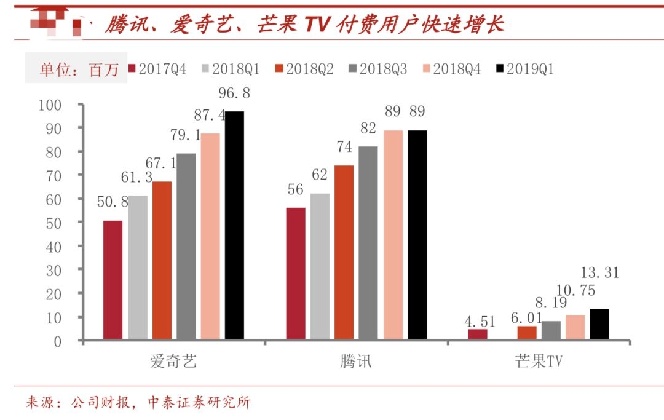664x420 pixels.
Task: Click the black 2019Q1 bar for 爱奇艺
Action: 234,225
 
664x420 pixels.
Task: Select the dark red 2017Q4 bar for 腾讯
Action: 296,273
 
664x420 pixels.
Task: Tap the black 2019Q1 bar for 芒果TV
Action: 599,324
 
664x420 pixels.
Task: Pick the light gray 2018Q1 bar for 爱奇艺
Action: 138,267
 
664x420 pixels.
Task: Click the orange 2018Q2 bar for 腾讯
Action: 344,252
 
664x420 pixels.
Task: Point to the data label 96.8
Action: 234,93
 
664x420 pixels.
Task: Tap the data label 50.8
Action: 113,201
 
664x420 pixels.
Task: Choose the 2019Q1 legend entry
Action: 524,69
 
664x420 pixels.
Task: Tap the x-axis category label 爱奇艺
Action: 173,362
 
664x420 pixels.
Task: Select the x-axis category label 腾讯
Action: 356,362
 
